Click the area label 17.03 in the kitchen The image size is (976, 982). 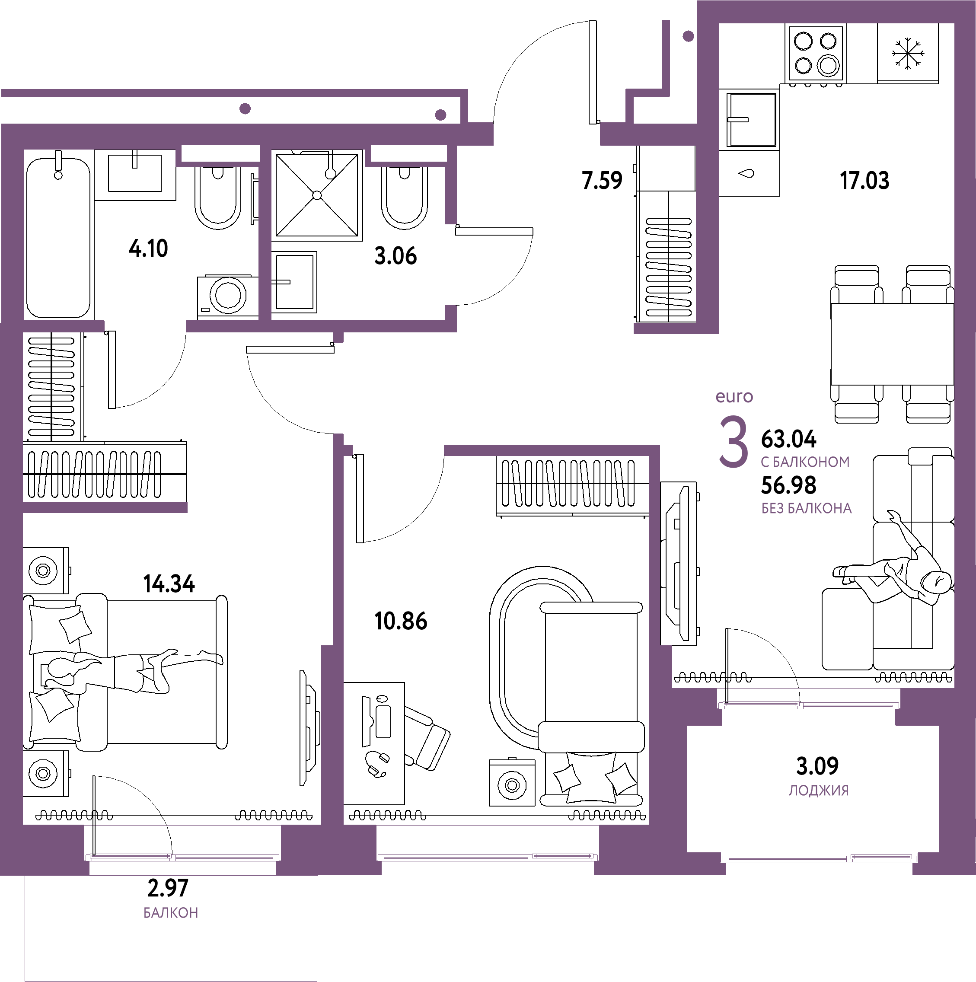(864, 180)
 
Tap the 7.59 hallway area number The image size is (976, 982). (602, 180)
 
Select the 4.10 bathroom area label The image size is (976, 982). (148, 249)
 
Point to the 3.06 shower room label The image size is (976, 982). (396, 256)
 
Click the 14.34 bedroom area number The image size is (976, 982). (169, 584)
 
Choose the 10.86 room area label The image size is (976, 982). (401, 621)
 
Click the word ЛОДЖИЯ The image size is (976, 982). (818, 791)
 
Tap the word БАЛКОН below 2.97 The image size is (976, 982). (171, 913)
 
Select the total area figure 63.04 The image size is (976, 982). (788, 439)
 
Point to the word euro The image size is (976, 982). (734, 396)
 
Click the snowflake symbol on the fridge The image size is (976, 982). (908, 53)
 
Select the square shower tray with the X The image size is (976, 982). (317, 195)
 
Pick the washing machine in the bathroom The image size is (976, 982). (228, 297)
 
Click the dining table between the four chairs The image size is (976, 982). (892, 344)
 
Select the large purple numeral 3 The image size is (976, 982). (733, 441)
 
